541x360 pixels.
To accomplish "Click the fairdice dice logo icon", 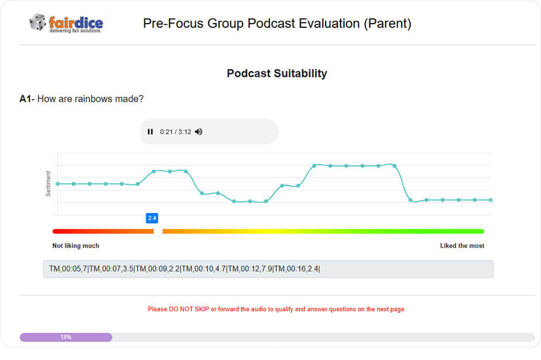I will click(x=37, y=22).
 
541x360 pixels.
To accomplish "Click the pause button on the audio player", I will click(x=150, y=132).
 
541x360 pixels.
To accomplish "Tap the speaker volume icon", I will click(x=199, y=132).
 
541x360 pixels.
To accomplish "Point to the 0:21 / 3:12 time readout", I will click(x=175, y=132).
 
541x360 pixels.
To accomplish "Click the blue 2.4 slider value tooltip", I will click(x=152, y=218).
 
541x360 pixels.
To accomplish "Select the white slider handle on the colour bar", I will click(x=158, y=231).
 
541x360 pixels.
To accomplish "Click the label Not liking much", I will click(x=75, y=246).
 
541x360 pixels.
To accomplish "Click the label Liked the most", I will click(x=462, y=246).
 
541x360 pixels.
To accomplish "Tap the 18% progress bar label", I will click(x=66, y=337).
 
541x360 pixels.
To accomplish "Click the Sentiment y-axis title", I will click(x=48, y=183).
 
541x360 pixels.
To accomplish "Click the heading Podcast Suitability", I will click(x=276, y=73).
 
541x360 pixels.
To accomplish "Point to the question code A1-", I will click(x=27, y=99).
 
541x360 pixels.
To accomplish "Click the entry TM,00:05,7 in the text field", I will click(x=68, y=269).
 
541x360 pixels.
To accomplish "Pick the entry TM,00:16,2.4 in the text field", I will click(x=297, y=269).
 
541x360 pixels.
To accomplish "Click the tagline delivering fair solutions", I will click(x=75, y=30).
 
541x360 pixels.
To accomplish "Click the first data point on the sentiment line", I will click(x=57, y=183).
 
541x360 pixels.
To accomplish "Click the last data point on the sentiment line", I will click(x=490, y=200).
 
